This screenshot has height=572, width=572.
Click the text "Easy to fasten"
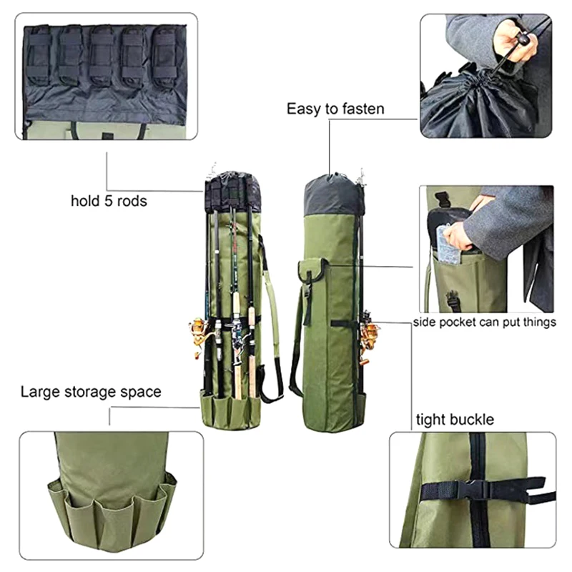click(x=335, y=109)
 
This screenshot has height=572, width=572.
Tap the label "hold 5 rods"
click(x=109, y=201)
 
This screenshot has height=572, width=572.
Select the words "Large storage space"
click(x=91, y=392)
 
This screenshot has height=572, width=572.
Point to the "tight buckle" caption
click(x=455, y=420)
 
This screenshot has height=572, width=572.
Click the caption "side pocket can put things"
click(x=485, y=322)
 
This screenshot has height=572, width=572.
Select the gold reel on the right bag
click(x=369, y=339)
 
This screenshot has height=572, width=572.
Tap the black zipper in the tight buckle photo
click(x=479, y=490)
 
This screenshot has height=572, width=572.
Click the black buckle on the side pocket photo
click(x=453, y=300)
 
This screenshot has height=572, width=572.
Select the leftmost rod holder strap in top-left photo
click(x=39, y=55)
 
